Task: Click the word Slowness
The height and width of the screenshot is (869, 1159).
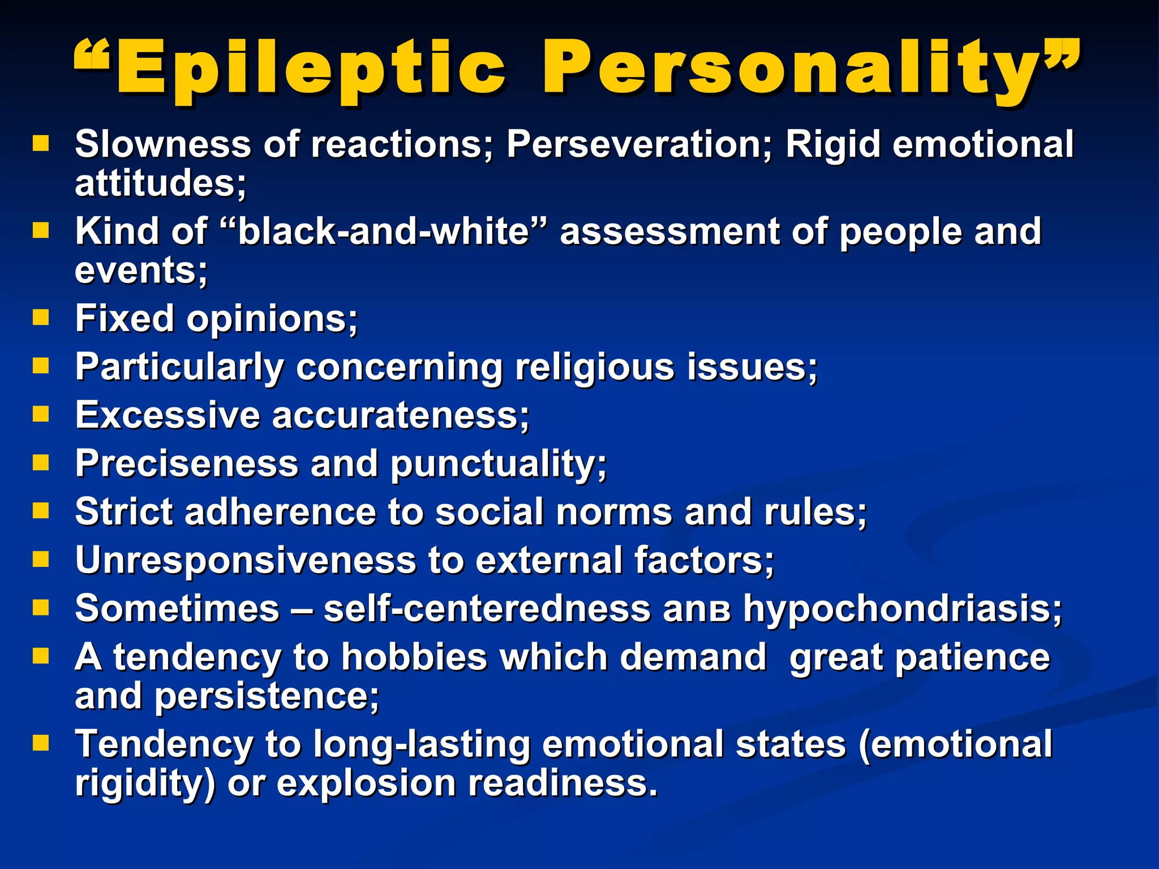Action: [x=163, y=144]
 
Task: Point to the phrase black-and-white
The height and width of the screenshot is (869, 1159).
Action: [x=383, y=231]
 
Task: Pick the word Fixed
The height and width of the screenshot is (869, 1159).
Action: [x=125, y=319]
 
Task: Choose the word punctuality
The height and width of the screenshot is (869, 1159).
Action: [x=498, y=464]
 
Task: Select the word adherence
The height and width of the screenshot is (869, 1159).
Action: [x=280, y=512]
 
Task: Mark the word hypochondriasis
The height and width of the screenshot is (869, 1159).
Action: [x=902, y=609]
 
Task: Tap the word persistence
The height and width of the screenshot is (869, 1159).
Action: [x=267, y=696]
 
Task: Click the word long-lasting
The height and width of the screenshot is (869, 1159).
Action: [x=422, y=745]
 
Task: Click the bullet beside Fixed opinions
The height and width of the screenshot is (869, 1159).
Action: [x=41, y=317]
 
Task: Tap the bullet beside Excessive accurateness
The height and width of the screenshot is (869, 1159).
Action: [x=41, y=414]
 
